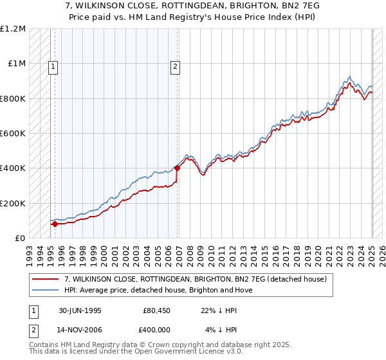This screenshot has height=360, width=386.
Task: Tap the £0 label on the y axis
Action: [19, 239]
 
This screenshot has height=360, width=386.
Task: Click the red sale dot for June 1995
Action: [55, 224]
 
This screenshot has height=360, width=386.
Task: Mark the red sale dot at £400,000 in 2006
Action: [177, 168]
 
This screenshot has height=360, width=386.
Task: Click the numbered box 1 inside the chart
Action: [52, 65]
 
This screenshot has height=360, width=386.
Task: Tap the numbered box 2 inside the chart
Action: [174, 65]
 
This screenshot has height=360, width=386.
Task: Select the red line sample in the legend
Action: [46, 279]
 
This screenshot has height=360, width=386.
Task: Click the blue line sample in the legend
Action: [46, 290]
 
